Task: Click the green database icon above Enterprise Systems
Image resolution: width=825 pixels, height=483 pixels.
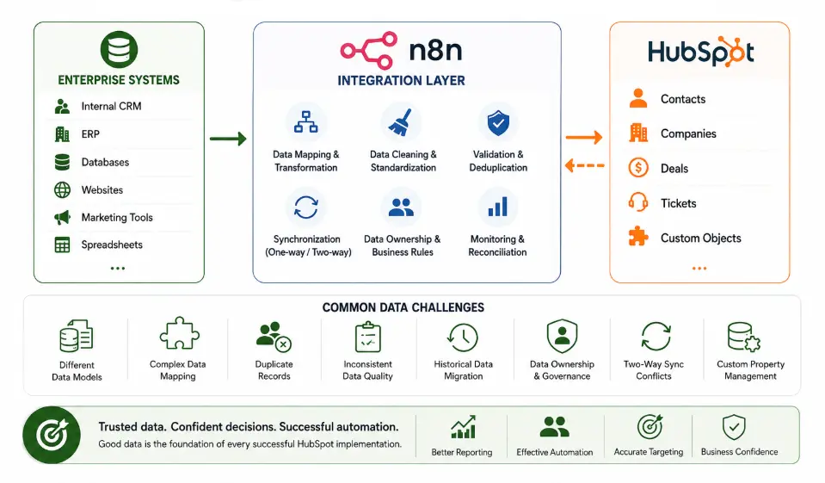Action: point(119,50)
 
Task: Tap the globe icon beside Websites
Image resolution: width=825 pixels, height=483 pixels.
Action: point(62,189)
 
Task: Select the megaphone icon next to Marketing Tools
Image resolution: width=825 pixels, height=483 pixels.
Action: point(62,217)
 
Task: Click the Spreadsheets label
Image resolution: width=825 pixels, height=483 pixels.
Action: point(112,245)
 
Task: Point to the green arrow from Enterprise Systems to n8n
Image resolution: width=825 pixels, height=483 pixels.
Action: point(228,139)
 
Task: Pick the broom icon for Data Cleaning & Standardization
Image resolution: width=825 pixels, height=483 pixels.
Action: point(400,122)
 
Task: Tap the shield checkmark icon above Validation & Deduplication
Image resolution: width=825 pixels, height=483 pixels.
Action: point(498,123)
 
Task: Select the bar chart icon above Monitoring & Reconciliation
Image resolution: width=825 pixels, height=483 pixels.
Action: point(497,207)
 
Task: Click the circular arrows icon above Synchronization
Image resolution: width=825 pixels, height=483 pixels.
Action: point(305,207)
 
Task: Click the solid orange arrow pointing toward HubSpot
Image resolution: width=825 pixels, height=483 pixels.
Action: point(584,138)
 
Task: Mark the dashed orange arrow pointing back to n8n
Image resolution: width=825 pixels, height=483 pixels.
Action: point(584,166)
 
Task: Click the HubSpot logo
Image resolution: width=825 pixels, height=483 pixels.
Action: point(700,52)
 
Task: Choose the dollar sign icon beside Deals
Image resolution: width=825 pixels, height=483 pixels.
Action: point(638,168)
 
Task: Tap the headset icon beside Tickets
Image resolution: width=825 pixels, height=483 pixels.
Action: point(638,202)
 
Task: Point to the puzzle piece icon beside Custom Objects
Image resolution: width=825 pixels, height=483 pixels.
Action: point(638,237)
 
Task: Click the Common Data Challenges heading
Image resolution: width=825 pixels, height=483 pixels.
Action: point(403,307)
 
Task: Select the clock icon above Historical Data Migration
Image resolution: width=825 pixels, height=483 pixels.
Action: point(463,337)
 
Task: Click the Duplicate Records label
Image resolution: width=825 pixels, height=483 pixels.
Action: point(274,369)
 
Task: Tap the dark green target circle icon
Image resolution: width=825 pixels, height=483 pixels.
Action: point(52,435)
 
